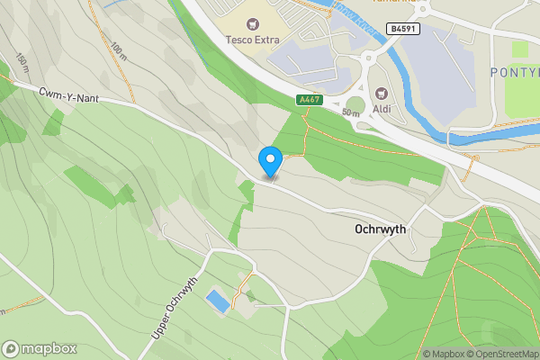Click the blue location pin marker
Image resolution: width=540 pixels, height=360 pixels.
270,162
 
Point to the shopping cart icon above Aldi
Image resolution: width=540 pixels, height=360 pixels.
381,92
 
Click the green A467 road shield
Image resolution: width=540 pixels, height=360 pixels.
309,99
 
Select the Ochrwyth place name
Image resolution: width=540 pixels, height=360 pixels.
381,230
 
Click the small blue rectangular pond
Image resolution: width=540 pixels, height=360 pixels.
217,301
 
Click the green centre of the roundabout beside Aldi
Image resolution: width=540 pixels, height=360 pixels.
356,104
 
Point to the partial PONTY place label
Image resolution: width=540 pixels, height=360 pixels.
514,71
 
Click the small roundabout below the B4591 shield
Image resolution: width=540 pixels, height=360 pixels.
368,60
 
